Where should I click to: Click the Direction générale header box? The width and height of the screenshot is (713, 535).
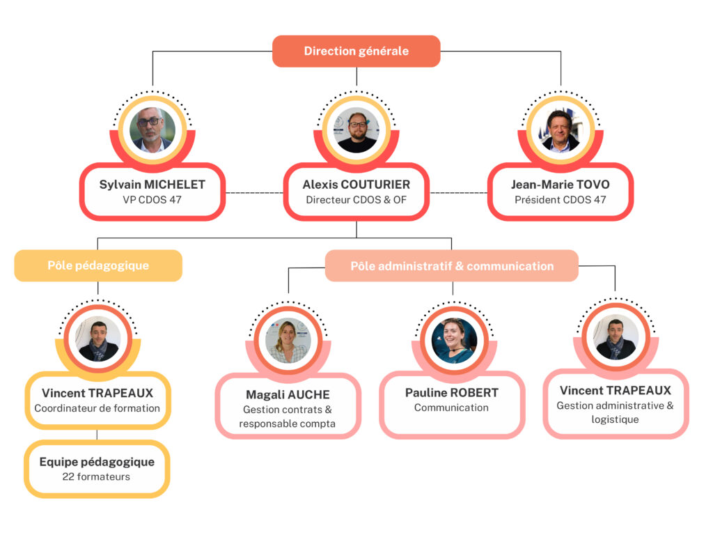356,51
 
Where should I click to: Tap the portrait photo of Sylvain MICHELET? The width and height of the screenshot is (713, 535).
152,130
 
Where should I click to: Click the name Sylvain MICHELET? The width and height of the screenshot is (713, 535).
152,185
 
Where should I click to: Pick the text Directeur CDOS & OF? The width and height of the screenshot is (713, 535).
356,200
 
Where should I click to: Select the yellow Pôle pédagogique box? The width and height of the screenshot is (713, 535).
98,265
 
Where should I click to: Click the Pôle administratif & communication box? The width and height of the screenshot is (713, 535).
452,266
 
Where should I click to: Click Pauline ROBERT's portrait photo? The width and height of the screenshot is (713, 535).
454,341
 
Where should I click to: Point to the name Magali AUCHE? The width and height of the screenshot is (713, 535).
288,395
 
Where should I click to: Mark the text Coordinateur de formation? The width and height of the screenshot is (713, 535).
97,408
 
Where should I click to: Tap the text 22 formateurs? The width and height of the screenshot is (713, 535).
97,477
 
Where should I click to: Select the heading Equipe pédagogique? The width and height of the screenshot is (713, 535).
97,462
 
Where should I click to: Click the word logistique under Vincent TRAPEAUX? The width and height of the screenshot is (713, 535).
615,419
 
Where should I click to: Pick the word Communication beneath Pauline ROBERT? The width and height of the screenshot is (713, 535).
451,408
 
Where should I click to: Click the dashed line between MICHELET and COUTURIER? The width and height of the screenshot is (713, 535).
254,192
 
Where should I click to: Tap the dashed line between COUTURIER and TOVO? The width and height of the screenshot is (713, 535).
458,192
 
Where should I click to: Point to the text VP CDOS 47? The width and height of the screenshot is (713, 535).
152,200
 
